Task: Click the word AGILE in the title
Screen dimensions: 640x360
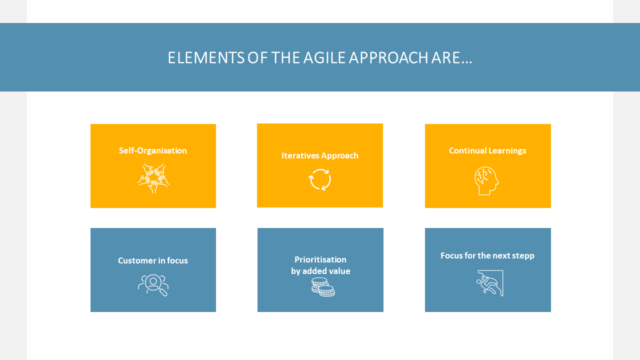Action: tap(324, 57)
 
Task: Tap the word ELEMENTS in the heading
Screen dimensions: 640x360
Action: tap(206, 57)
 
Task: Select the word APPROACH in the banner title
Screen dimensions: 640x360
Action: tap(388, 57)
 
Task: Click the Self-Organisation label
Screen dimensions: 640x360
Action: tap(153, 150)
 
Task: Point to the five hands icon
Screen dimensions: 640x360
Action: tap(153, 178)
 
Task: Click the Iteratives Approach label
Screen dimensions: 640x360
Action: tap(319, 155)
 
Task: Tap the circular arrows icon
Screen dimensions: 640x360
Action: tap(319, 179)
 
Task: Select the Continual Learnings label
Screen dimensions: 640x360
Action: tap(487, 151)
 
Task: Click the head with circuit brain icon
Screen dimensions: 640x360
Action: tap(486, 181)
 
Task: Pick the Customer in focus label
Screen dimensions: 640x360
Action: tap(153, 260)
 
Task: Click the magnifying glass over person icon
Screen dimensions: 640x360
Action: tap(153, 285)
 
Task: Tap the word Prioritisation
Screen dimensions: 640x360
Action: tap(320, 259)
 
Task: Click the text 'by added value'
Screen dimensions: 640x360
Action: tap(320, 271)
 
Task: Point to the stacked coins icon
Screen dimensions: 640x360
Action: tap(323, 287)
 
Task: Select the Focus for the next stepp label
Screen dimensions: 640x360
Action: tap(487, 255)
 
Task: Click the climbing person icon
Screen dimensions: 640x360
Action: tap(490, 283)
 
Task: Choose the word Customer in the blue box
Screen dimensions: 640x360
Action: tap(137, 260)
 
